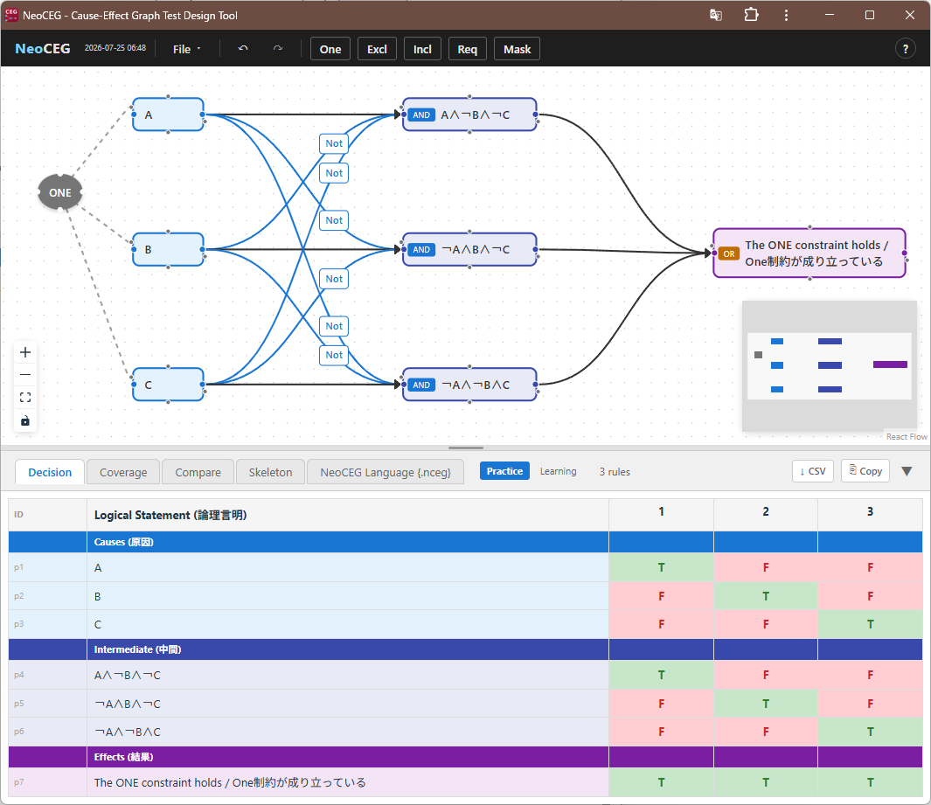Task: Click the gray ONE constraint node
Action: (60, 192)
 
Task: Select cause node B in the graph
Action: (168, 249)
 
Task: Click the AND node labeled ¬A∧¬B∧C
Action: (469, 385)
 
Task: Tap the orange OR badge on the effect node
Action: (728, 253)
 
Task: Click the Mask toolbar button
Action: (517, 49)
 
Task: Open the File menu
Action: (186, 49)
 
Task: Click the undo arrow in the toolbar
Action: (243, 49)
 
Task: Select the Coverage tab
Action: (123, 472)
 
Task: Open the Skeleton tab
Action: (270, 472)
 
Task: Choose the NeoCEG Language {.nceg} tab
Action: (386, 472)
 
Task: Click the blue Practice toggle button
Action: (504, 471)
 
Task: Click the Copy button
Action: (865, 471)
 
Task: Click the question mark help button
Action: (906, 49)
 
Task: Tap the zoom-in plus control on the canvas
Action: (25, 352)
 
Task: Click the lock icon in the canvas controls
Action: (25, 421)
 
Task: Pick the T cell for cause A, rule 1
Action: (661, 567)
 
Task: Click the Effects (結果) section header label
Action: (123, 757)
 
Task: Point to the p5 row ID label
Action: (19, 704)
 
